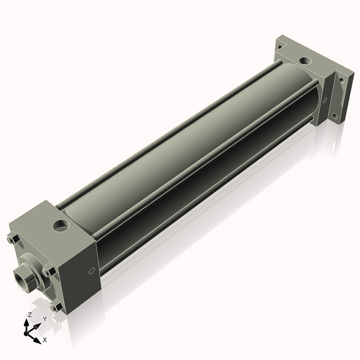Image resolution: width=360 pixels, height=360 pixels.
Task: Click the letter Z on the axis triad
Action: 30,315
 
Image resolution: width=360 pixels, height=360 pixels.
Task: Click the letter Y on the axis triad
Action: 45,319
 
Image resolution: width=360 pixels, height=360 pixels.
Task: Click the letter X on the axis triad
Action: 45,340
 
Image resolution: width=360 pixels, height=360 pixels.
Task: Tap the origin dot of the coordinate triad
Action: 26,333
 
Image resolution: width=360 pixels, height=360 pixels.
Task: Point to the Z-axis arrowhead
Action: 26,322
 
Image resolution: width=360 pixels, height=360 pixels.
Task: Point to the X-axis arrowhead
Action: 37,341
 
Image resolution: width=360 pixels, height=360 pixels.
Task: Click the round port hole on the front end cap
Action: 61,225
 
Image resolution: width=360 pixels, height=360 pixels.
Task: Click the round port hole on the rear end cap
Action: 305,61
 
